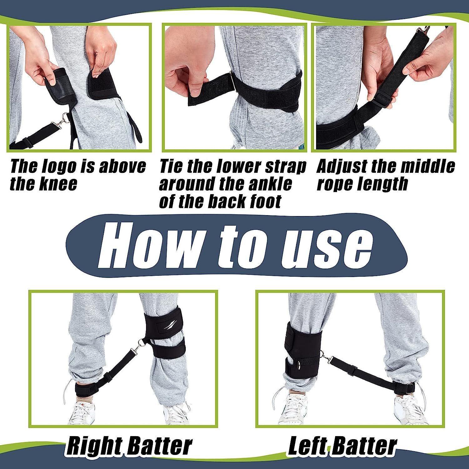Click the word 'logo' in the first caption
tap(59, 167)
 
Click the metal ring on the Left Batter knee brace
tap(299, 365)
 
